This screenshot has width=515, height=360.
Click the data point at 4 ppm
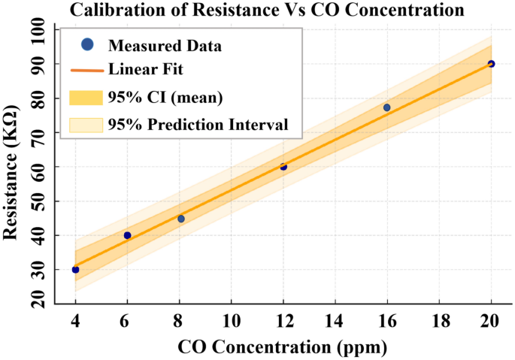click(x=75, y=269)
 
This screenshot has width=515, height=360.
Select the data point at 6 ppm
click(x=127, y=235)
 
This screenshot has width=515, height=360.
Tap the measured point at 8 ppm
click(x=180, y=219)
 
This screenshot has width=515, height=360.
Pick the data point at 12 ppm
click(x=283, y=167)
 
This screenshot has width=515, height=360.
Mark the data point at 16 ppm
click(x=386, y=107)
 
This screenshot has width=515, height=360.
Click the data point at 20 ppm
click(x=491, y=64)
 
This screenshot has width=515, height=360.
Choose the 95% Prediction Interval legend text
click(x=198, y=125)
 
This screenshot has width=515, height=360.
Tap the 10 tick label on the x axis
click(x=232, y=321)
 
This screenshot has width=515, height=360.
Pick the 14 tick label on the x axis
click(x=335, y=321)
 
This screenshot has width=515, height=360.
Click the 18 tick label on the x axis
click(x=439, y=321)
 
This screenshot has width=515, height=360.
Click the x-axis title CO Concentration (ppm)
click(x=282, y=347)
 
